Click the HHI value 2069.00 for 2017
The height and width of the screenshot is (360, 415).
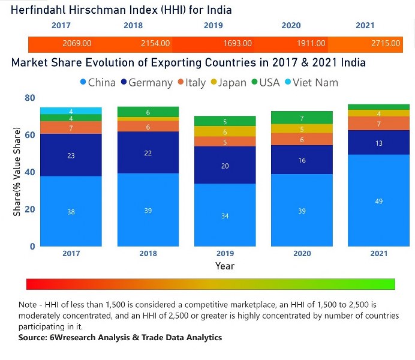(x=77, y=44)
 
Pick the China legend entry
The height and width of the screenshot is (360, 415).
(x=97, y=83)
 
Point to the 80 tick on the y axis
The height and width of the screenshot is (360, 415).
(x=30, y=98)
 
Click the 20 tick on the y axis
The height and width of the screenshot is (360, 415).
(x=30, y=209)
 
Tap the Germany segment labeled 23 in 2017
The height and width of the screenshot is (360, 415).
(x=71, y=155)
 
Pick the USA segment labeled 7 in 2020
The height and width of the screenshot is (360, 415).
(x=302, y=118)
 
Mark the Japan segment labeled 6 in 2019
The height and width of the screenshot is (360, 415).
(x=225, y=132)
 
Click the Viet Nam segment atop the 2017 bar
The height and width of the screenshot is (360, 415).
(x=71, y=111)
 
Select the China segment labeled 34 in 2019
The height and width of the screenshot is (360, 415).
(x=225, y=215)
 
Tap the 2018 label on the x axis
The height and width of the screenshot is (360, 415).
(x=148, y=254)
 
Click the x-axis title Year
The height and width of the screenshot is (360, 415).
(x=225, y=266)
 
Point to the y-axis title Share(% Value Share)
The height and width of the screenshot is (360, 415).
(x=17, y=172)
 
